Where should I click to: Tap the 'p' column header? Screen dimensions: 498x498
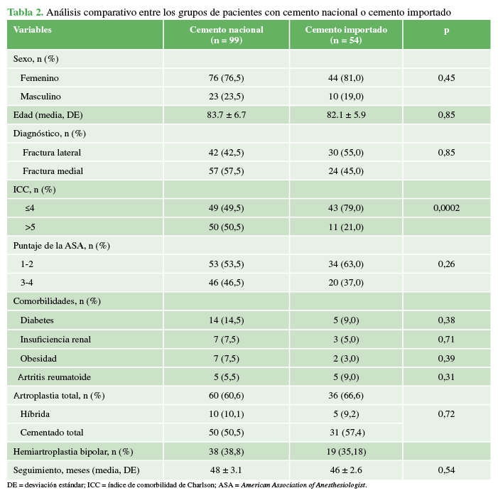[x=446, y=31]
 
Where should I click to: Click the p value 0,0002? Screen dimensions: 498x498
[x=446, y=208]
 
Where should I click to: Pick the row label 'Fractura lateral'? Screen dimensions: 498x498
[x=52, y=152]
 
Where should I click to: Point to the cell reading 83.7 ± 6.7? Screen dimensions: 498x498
[x=226, y=115]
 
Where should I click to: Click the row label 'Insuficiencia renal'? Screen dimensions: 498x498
[x=55, y=340]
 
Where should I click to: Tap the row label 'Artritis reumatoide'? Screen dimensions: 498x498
[x=54, y=377]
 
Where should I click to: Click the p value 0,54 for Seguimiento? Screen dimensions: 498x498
[x=446, y=470]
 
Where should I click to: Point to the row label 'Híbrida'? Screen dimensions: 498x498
[x=35, y=413]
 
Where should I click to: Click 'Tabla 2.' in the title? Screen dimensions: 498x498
[x=26, y=12]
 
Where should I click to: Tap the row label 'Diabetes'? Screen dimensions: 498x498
[x=37, y=320]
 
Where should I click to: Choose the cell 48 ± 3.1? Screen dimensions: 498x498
[x=226, y=470]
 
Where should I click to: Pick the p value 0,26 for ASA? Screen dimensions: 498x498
[x=446, y=264]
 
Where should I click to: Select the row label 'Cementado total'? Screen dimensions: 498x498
[x=52, y=432]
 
